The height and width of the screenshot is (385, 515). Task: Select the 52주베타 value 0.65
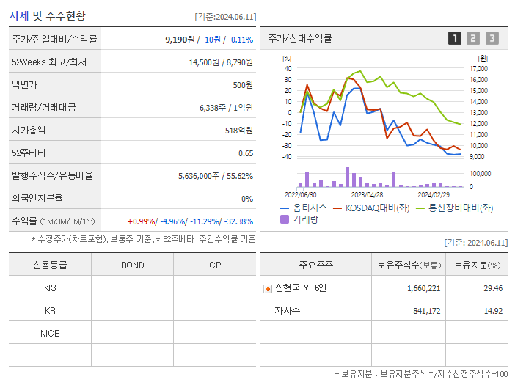click(x=246, y=153)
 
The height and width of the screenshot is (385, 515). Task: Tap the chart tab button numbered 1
click(x=455, y=38)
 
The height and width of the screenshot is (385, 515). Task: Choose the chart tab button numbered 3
click(x=492, y=38)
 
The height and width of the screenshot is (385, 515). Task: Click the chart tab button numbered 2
click(x=473, y=38)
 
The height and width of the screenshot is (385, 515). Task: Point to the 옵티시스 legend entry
click(x=304, y=208)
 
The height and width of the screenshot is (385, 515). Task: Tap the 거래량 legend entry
click(x=300, y=219)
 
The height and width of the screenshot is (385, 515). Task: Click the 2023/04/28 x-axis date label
click(x=367, y=195)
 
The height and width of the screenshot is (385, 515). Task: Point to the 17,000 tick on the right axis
click(x=478, y=68)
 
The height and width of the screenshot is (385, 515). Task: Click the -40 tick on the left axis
click(x=287, y=156)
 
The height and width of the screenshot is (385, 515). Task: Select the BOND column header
click(x=132, y=265)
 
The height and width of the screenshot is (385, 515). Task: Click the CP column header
click(x=214, y=265)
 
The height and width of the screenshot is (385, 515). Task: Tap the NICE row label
click(x=50, y=333)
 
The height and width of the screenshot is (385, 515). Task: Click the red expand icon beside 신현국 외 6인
click(x=268, y=288)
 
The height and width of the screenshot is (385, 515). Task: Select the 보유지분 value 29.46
click(x=493, y=288)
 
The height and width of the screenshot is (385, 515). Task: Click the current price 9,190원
click(x=180, y=39)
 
